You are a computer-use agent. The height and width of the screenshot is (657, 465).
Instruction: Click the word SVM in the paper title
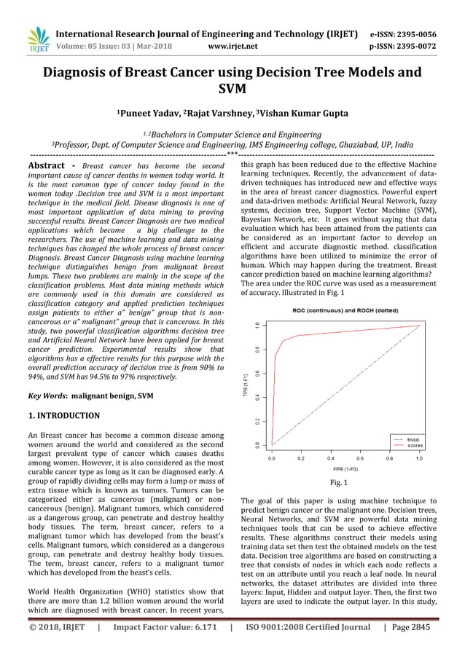[232, 90]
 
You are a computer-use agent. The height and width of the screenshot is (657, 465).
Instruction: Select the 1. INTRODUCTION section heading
[64, 416]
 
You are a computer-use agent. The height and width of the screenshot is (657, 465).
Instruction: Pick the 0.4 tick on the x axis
[330, 460]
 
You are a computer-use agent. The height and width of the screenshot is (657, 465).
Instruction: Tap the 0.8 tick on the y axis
[257, 350]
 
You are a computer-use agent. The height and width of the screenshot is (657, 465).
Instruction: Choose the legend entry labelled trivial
[413, 439]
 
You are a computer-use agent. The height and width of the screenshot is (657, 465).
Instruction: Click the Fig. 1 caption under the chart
[340, 482]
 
